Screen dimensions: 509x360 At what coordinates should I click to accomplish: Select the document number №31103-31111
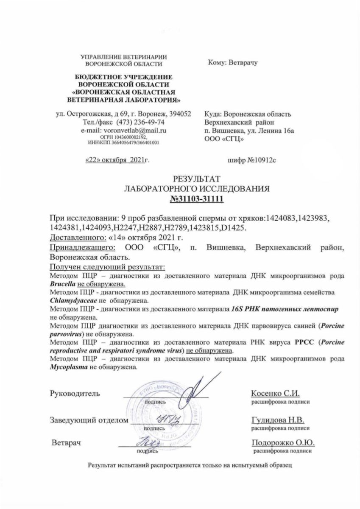[196, 198]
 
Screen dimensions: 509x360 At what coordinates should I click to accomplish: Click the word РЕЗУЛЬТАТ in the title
[196, 179]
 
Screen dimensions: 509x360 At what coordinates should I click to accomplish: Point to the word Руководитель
[75, 393]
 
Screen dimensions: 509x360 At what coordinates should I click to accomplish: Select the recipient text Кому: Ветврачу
[233, 62]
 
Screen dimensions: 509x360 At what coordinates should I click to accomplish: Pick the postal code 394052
[180, 114]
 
